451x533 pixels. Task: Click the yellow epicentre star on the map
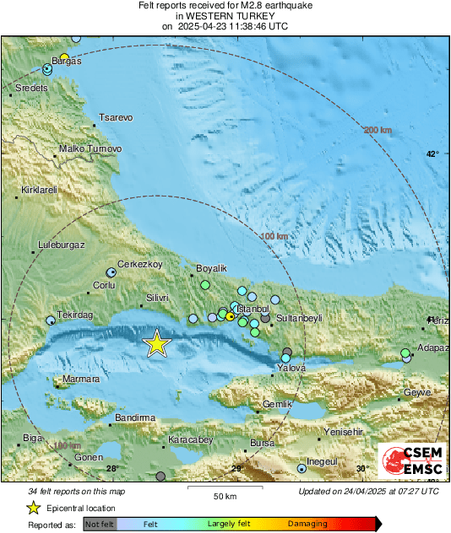click(156, 343)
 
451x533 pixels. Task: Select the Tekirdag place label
click(73, 314)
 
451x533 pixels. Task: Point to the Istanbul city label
click(253, 310)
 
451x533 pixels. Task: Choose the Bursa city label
click(263, 443)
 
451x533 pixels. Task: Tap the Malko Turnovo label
click(90, 149)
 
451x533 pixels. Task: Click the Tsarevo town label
click(116, 118)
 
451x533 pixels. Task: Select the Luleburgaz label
click(62, 245)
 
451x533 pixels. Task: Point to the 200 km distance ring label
click(378, 130)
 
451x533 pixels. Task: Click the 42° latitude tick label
click(432, 153)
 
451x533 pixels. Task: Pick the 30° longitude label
click(362, 469)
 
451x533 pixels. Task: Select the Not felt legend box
click(100, 524)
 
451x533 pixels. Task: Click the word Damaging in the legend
click(309, 524)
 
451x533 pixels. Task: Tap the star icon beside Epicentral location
click(33, 508)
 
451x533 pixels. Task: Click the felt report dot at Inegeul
click(302, 467)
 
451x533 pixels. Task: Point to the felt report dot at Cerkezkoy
click(111, 272)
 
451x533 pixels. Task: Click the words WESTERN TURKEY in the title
click(225, 15)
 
